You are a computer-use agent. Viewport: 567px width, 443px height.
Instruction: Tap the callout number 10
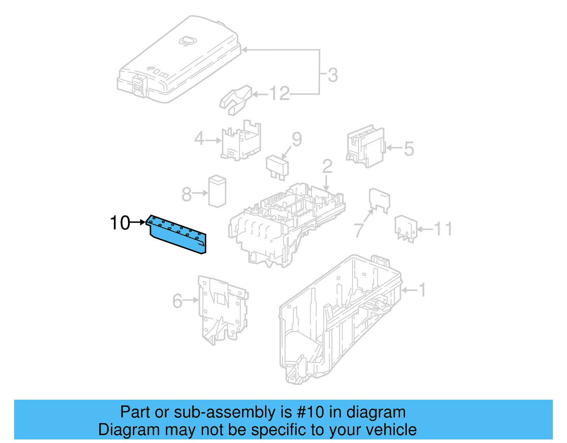click(x=120, y=223)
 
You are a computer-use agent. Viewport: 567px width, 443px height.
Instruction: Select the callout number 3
click(x=332, y=75)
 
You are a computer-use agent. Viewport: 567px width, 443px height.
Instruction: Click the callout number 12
click(x=279, y=94)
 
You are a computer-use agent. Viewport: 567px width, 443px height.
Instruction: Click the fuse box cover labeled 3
click(x=177, y=60)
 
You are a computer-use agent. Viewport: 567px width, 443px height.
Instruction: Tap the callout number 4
click(x=199, y=139)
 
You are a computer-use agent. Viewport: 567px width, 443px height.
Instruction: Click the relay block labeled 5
click(x=365, y=146)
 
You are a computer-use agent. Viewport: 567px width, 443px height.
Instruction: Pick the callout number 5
click(x=409, y=149)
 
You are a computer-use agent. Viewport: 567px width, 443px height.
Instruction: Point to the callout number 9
click(x=297, y=139)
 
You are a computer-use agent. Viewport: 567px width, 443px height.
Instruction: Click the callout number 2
click(x=327, y=166)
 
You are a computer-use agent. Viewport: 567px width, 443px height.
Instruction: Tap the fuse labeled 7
click(x=379, y=200)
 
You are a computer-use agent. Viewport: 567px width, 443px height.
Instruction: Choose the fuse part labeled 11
click(x=406, y=228)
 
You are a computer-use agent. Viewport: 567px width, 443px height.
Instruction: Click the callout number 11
click(x=443, y=229)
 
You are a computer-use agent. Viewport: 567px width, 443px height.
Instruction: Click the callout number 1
click(x=422, y=290)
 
